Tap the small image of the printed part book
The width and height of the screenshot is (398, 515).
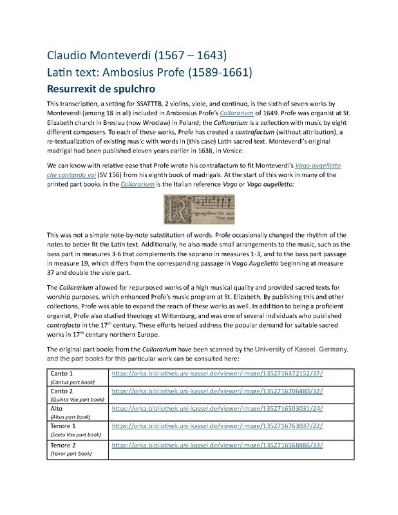coord(199,210)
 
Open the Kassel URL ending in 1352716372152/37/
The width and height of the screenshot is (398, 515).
coord(217,373)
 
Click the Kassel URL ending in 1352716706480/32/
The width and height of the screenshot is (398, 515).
coord(217,391)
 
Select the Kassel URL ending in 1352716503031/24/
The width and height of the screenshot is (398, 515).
coord(217,409)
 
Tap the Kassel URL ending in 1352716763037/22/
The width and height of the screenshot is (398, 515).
coord(217,426)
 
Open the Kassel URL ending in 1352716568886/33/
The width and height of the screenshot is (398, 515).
coord(217,445)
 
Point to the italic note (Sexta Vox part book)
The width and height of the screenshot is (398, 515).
coord(76,435)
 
